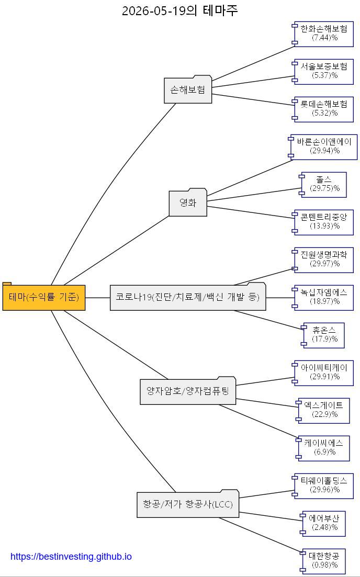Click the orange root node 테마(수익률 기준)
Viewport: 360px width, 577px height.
tap(44, 297)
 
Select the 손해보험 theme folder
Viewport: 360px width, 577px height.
tap(188, 89)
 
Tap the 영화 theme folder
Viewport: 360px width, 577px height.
tap(188, 202)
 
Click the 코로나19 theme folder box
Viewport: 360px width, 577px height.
tap(188, 297)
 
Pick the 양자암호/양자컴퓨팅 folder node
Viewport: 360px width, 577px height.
tap(188, 390)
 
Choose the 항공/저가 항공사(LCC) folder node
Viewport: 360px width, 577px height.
tap(188, 503)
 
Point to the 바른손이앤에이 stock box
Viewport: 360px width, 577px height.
tap(322, 147)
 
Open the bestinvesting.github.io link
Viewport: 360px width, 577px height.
tap(71, 557)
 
